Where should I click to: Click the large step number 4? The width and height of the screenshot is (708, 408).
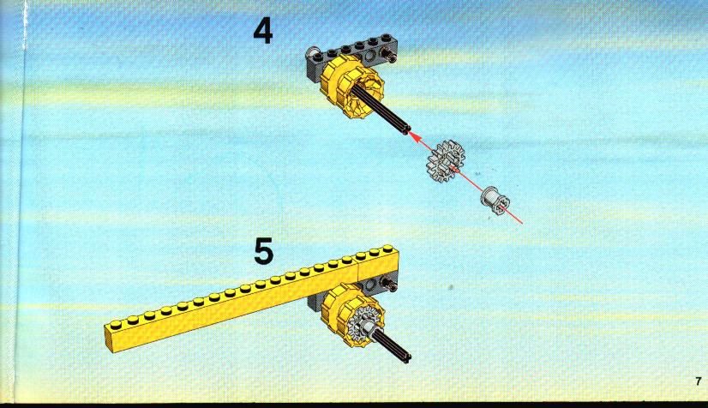263,31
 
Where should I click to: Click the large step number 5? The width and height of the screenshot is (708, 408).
264,251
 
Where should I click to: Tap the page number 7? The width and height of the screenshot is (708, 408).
699,381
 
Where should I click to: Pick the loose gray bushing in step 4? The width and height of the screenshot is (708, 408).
495,201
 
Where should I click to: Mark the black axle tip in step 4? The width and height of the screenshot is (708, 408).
406,130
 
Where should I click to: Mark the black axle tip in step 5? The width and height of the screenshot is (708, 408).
406,357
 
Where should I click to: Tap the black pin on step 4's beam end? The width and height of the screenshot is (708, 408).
389,56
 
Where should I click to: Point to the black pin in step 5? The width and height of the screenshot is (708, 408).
390,284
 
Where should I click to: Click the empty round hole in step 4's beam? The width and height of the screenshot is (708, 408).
370,57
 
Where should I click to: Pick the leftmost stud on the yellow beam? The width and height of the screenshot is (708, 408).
116,324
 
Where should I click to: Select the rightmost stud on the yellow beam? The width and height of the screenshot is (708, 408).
387,249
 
